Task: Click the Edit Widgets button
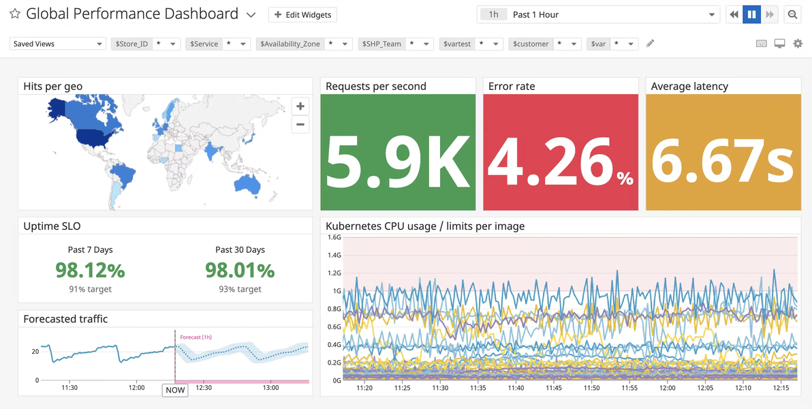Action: (303, 14)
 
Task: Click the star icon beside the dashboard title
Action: (15, 14)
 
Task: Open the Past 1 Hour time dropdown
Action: (598, 14)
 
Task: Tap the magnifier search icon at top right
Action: (792, 14)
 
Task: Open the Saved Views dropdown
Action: (57, 44)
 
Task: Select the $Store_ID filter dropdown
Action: (146, 44)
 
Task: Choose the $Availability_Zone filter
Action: (304, 44)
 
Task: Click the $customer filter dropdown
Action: (543, 44)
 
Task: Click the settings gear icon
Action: (798, 44)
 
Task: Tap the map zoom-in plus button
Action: (300, 107)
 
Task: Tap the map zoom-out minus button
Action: (300, 125)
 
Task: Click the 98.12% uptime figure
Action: (90, 270)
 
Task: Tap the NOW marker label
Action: (175, 391)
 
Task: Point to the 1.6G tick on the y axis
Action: (334, 237)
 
